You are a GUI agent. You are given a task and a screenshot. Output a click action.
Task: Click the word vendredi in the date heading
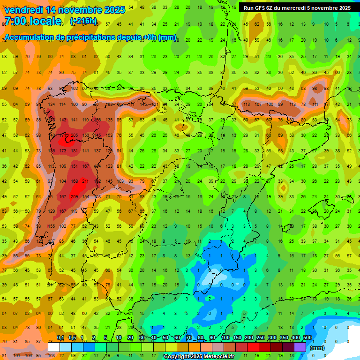pos(23,10)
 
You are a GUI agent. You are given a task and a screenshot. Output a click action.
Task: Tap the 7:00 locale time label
pos(33,21)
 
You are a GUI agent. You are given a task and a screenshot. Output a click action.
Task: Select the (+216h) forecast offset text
pos(83,21)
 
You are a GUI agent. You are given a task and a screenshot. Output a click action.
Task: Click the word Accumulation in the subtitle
pos(28,37)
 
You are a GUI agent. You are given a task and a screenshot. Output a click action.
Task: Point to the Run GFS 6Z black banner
pos(297,7)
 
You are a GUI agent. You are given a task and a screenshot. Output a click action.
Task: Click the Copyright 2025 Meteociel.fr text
pos(199,357)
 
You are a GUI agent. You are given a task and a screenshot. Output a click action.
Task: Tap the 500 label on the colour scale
pos(307,338)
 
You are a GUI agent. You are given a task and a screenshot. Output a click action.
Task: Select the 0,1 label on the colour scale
pos(60,338)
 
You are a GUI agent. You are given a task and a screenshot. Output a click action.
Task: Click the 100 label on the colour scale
pos(225,338)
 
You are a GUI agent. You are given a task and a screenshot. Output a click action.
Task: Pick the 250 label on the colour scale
pos(260,338)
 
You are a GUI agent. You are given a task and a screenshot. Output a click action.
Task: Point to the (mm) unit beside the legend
pos(317,348)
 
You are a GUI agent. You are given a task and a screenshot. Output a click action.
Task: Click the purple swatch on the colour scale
pos(300,347)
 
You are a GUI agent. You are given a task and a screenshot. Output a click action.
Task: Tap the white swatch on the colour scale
pos(54,347)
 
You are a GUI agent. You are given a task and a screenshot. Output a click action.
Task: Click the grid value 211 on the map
pos(85,181)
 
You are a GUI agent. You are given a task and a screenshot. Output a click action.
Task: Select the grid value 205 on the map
pos(74,135)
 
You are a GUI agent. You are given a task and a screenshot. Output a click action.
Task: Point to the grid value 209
pos(74,197)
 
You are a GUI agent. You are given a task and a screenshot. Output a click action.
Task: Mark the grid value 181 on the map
pos(74,151)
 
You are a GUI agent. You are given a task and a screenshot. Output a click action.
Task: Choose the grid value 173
pos(63,151)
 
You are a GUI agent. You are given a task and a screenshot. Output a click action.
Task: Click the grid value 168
pos(74,181)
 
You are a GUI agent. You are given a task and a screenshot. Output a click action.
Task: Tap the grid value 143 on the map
pos(63,120)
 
